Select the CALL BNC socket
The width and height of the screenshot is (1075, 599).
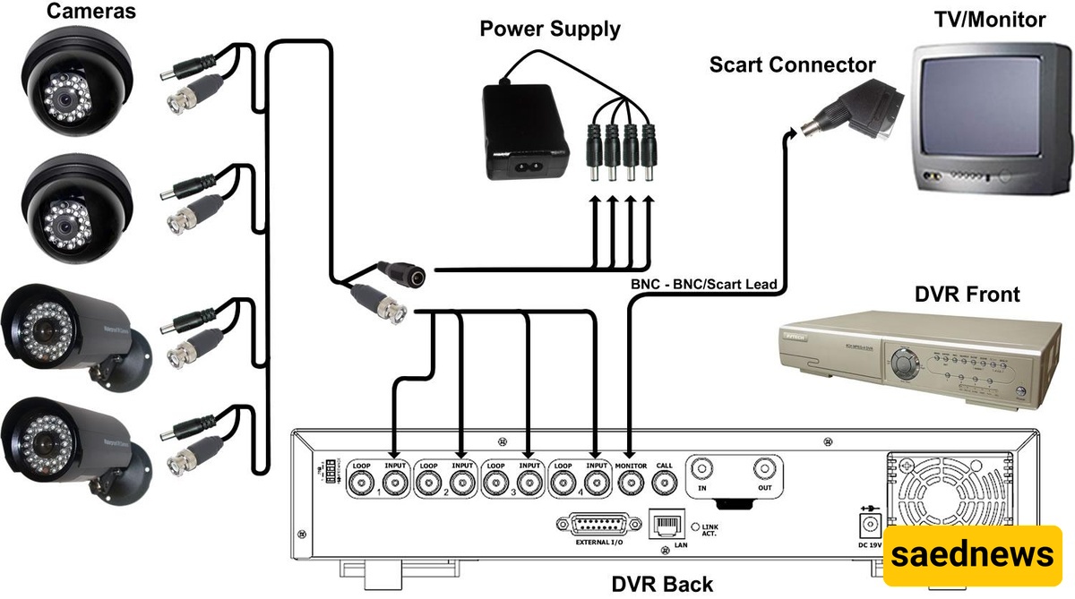click(x=664, y=483)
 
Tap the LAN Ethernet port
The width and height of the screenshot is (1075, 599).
click(x=664, y=526)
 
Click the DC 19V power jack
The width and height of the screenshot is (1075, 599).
click(x=869, y=526)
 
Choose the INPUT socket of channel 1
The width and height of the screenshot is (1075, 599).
click(x=395, y=483)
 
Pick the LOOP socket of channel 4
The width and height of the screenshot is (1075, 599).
click(x=563, y=483)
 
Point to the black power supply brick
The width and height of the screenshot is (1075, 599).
click(x=527, y=131)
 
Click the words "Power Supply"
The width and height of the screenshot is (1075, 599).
click(x=549, y=29)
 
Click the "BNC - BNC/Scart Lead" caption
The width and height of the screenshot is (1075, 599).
click(x=704, y=284)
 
